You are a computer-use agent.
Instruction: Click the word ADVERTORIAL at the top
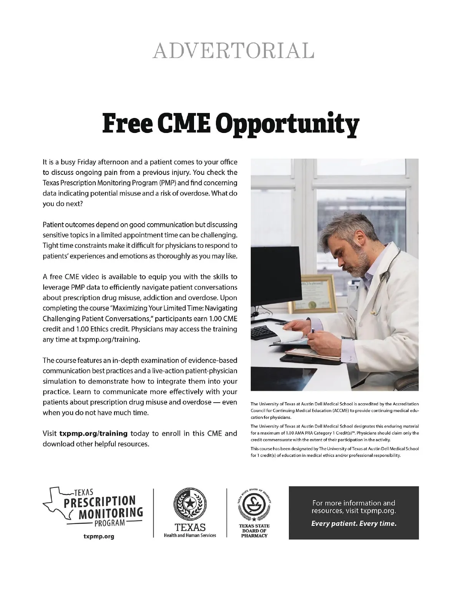tap(233, 50)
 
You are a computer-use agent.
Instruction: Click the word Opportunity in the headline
tap(287, 124)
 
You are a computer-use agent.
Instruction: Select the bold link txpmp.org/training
tap(93, 433)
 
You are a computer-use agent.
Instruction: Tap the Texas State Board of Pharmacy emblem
tap(254, 505)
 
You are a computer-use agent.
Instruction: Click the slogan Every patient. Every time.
tap(353, 523)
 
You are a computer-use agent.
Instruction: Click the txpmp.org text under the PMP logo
tap(99, 536)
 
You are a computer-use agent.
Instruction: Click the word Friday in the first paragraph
tap(87, 162)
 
